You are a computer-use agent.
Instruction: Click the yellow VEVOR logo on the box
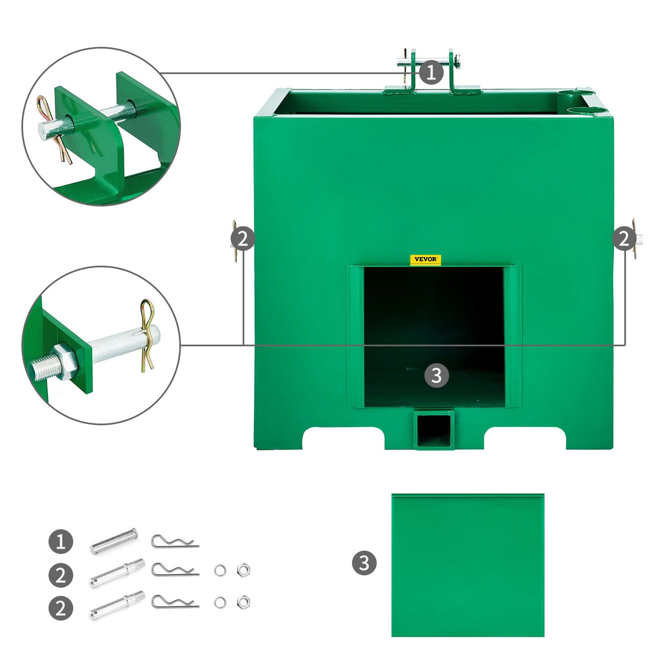click(425, 260)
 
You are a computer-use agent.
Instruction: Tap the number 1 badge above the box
click(431, 72)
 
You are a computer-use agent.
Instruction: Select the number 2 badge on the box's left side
click(242, 239)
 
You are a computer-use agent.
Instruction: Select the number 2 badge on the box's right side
click(624, 239)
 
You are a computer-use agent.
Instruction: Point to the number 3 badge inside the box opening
click(436, 375)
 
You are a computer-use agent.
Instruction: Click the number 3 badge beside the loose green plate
click(364, 563)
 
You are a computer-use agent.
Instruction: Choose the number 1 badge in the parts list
click(61, 541)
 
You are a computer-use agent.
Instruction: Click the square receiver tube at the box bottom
click(434, 429)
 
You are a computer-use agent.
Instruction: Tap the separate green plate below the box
click(468, 565)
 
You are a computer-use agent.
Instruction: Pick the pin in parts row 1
click(113, 541)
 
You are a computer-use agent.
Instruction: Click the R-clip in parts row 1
click(174, 542)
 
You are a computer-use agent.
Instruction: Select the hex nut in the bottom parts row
click(243, 602)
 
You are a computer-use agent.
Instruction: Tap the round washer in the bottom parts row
click(220, 602)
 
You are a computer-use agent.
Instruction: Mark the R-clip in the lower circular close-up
click(147, 335)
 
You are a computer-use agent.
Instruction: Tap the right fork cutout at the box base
click(525, 437)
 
